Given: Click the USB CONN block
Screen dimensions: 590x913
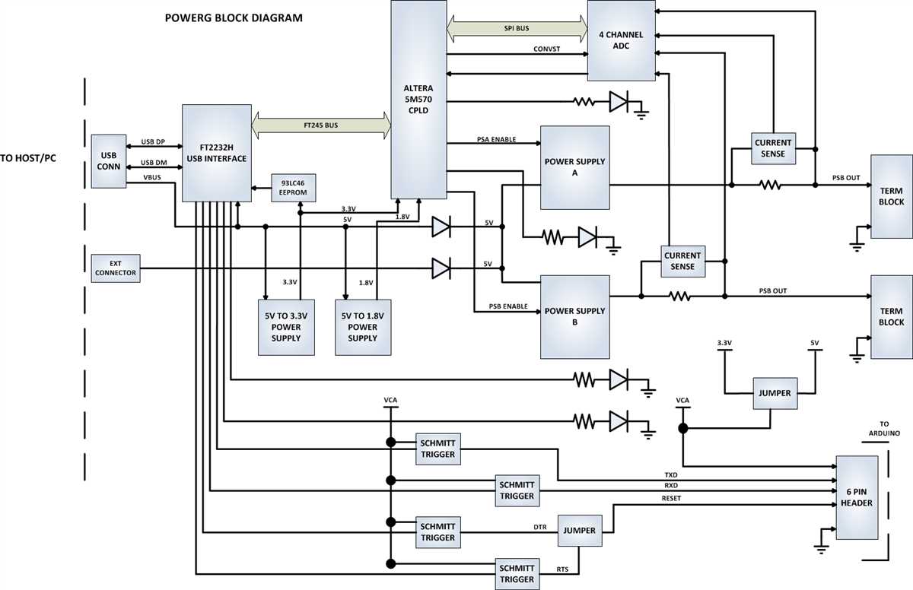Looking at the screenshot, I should click(x=109, y=161).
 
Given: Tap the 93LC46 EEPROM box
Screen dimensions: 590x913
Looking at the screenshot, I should click(x=294, y=187).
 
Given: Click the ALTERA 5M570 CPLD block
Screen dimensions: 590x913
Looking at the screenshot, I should click(x=418, y=99).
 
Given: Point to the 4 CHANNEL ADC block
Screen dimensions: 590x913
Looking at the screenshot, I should click(x=621, y=40).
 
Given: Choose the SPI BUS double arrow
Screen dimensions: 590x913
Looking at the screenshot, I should click(x=517, y=28).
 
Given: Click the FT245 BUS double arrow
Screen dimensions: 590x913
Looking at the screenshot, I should click(x=321, y=124).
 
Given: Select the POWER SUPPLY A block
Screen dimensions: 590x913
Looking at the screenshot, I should click(x=575, y=167).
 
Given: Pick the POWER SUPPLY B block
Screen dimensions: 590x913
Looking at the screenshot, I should click(x=575, y=316).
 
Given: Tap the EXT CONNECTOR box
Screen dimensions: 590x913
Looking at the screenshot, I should click(x=116, y=268).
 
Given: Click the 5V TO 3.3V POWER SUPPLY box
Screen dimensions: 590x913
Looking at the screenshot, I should click(x=286, y=327).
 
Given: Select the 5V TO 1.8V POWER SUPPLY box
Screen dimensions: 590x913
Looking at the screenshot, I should click(x=363, y=327).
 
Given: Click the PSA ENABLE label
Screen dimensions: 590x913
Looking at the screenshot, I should click(x=496, y=139).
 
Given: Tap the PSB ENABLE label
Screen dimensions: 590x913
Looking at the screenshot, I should click(x=509, y=306).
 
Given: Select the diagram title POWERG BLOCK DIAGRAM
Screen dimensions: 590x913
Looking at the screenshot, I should click(x=234, y=17).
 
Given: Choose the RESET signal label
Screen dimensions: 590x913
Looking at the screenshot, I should click(x=672, y=498).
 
